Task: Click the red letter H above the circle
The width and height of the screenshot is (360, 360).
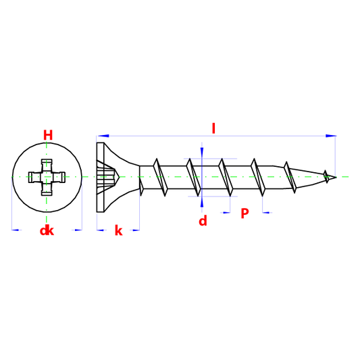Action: [x=48, y=135]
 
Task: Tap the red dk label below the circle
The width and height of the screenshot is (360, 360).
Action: [x=47, y=230]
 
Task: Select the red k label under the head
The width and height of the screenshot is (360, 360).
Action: [x=118, y=230]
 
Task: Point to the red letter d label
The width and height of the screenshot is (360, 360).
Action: [x=203, y=221]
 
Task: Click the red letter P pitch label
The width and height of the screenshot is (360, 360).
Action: [x=245, y=213]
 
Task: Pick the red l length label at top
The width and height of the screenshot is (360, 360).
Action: [x=213, y=128]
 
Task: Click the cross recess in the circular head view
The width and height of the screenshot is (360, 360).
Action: [x=47, y=177]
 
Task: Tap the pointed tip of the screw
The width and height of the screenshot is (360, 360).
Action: [x=336, y=177]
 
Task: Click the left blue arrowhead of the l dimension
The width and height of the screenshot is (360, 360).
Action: [x=103, y=136]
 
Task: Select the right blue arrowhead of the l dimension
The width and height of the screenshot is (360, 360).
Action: [x=331, y=136]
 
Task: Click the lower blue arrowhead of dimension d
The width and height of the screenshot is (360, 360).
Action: [x=202, y=202]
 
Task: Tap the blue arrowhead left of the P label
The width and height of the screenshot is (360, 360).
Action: [x=226, y=213]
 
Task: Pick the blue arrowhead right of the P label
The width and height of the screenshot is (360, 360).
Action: [x=266, y=213]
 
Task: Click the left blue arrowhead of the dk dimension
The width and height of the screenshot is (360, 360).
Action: [x=16, y=230]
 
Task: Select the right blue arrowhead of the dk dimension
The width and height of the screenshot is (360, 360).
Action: [x=78, y=230]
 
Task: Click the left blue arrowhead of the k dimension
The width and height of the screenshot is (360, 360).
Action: [x=101, y=230]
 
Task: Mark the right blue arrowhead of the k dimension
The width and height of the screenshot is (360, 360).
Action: [x=136, y=230]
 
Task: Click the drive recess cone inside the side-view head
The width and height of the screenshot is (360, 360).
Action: [x=107, y=177]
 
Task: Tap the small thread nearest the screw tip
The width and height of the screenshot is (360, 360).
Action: [x=326, y=176]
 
